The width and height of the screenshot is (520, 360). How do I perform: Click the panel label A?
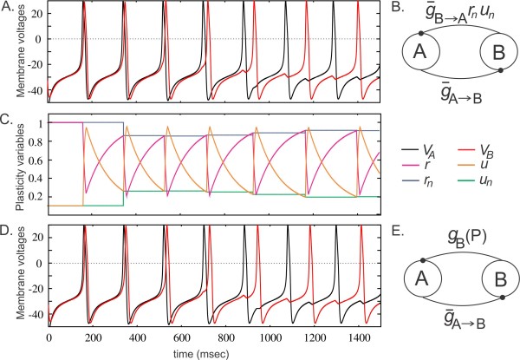coord(8,7)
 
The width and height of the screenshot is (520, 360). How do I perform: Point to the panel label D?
coord(8,230)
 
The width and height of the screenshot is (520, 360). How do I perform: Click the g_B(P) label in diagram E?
coord(457,239)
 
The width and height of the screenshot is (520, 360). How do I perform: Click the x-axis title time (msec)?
coord(216,351)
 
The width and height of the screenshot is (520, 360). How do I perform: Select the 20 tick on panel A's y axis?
coord(38,15)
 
